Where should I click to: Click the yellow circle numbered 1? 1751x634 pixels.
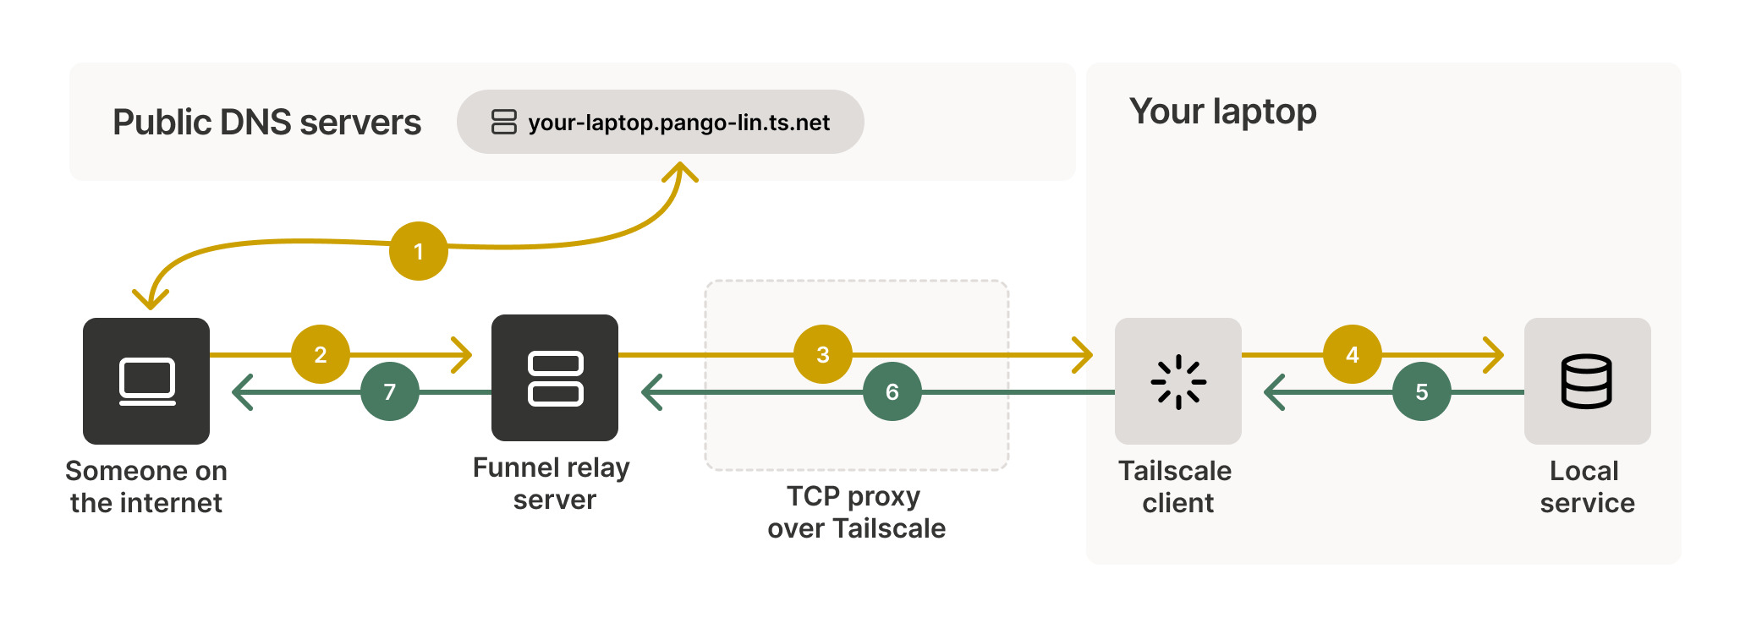click(418, 251)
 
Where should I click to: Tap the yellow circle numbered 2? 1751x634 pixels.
click(321, 354)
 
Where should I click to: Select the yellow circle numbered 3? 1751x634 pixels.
click(822, 354)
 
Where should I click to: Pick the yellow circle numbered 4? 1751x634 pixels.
click(1352, 354)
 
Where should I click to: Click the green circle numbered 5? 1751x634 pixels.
click(1421, 391)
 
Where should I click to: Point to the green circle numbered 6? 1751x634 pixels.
click(892, 391)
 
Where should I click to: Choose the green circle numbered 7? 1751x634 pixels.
click(389, 391)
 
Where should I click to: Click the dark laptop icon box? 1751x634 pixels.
click(146, 381)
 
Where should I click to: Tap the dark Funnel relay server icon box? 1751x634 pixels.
click(555, 378)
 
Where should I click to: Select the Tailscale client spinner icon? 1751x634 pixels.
click(1177, 381)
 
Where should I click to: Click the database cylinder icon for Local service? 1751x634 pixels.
click(1586, 381)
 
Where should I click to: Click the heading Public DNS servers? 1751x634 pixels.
click(266, 123)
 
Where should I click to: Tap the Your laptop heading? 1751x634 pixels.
click(1222, 112)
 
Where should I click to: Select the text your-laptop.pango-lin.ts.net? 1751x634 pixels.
click(678, 123)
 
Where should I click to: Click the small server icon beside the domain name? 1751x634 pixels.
click(503, 122)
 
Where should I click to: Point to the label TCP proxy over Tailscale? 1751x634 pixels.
click(856, 512)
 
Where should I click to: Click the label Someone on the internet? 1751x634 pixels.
click(146, 487)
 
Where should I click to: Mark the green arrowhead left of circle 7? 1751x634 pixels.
click(242, 392)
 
